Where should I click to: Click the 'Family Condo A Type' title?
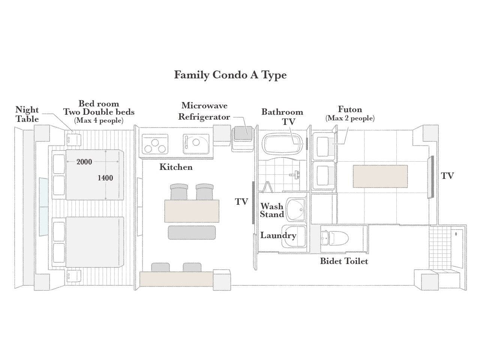230,75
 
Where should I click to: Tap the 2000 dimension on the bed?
84,162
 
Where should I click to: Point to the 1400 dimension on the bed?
105,178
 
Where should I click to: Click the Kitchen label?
176,167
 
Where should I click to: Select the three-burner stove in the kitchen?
155,144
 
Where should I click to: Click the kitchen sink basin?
196,144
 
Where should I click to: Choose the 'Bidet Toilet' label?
344,261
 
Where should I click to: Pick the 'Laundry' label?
278,235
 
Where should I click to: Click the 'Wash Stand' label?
272,210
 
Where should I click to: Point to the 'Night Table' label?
27,114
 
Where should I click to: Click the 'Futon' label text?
350,109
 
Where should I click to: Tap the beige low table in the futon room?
380,176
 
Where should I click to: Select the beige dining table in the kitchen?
192,211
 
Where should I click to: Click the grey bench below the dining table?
192,232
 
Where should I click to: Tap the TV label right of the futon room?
447,176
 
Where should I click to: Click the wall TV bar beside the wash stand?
253,202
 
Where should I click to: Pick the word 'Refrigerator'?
204,117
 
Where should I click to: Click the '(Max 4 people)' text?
99,120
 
